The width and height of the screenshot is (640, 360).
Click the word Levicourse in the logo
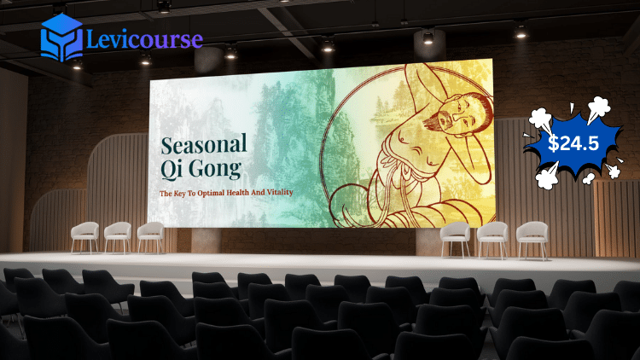click(x=145, y=40)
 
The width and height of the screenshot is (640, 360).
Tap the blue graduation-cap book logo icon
click(x=61, y=38)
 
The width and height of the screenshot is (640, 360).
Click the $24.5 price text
click(x=573, y=143)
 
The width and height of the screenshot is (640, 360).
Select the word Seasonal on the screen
click(x=204, y=144)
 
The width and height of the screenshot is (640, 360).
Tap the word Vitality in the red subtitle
click(x=280, y=192)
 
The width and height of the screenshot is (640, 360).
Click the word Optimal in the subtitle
click(x=211, y=193)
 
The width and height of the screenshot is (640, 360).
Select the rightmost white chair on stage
click(x=532, y=240)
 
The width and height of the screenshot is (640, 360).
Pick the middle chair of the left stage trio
click(x=118, y=237)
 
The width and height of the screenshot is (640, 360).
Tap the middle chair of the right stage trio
click(x=492, y=240)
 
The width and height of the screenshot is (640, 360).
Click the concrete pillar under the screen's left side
click(x=207, y=240)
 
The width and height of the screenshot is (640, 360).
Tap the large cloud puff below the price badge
click(x=547, y=176)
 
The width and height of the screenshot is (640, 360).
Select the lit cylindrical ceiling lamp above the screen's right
click(x=428, y=44)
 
